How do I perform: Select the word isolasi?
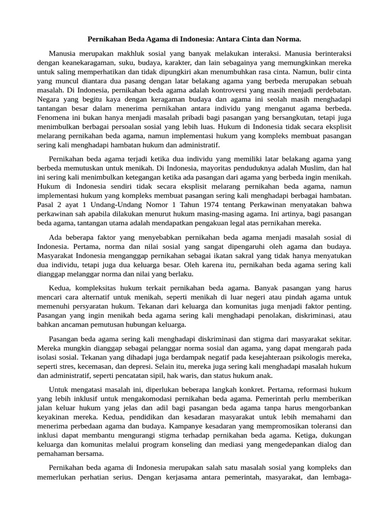pos(49,357)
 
